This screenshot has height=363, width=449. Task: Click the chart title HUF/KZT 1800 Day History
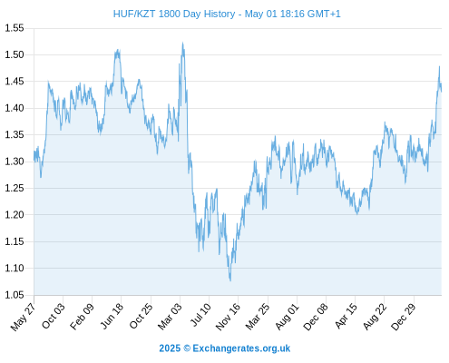pyautogui.click(x=174, y=14)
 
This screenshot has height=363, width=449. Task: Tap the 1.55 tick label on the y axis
pyautogui.click(x=15, y=28)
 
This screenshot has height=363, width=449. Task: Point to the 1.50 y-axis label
pyautogui.click(x=15, y=54)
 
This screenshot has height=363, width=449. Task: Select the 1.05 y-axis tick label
pyautogui.click(x=15, y=295)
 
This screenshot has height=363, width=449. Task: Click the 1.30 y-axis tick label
pyautogui.click(x=15, y=162)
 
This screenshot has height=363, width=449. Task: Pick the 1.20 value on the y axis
pyautogui.click(x=15, y=215)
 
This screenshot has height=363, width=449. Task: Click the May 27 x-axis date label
pyautogui.click(x=23, y=317)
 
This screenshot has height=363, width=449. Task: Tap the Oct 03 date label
pyautogui.click(x=53, y=316)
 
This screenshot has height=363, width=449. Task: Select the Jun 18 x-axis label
pyautogui.click(x=112, y=316)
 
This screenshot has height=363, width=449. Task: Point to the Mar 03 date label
pyautogui.click(x=170, y=317)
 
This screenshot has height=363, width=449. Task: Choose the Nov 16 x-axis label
pyautogui.click(x=228, y=317)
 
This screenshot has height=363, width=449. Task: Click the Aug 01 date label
pyautogui.click(x=287, y=317)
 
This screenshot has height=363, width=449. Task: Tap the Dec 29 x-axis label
pyautogui.click(x=404, y=317)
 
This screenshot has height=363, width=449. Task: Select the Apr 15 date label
pyautogui.click(x=346, y=316)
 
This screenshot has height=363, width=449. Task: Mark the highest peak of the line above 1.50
pyautogui.click(x=182, y=43)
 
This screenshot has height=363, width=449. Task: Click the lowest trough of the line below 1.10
pyautogui.click(x=230, y=280)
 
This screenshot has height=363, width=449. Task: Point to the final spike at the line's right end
pyautogui.click(x=439, y=66)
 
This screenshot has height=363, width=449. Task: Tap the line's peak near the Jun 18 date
pyautogui.click(x=118, y=50)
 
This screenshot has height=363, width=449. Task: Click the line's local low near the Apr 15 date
pyautogui.click(x=357, y=214)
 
